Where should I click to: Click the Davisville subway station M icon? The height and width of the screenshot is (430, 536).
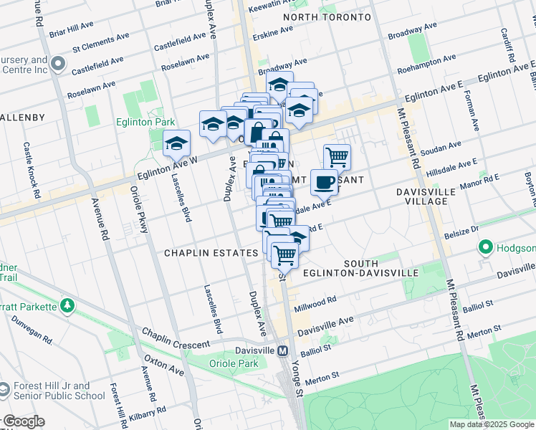[x=283, y=350]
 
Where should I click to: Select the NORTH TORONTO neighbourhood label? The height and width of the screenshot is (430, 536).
[x=327, y=16]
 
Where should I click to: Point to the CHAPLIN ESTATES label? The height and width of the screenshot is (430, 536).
[x=211, y=253]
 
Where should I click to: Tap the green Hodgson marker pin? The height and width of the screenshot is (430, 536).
[x=485, y=248]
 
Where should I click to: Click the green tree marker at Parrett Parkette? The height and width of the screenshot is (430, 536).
[x=68, y=306]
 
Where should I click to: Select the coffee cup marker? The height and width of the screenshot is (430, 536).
[x=325, y=182]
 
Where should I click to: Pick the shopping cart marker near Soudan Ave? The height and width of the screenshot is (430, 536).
[x=337, y=156]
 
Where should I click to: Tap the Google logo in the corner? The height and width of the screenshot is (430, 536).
[x=23, y=421]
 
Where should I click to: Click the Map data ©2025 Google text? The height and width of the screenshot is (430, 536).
[x=491, y=424]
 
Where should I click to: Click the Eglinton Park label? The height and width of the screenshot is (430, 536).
[x=145, y=122]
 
